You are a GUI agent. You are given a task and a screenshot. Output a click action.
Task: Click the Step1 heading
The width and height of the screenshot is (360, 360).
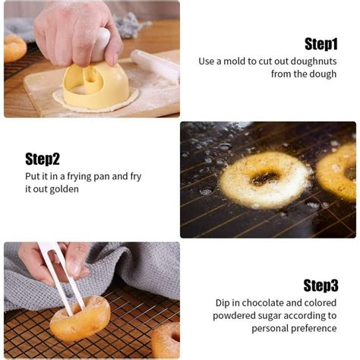coord(320,43)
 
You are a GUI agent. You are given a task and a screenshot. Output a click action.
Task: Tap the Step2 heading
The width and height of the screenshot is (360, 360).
coord(42,159)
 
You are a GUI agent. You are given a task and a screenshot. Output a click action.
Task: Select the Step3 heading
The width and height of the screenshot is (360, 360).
coord(320,286)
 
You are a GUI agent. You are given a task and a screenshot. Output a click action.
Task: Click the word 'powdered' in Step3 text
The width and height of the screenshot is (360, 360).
coord(238,316)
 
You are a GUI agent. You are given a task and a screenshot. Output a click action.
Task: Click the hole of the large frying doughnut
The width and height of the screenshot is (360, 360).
coord(264,178)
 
